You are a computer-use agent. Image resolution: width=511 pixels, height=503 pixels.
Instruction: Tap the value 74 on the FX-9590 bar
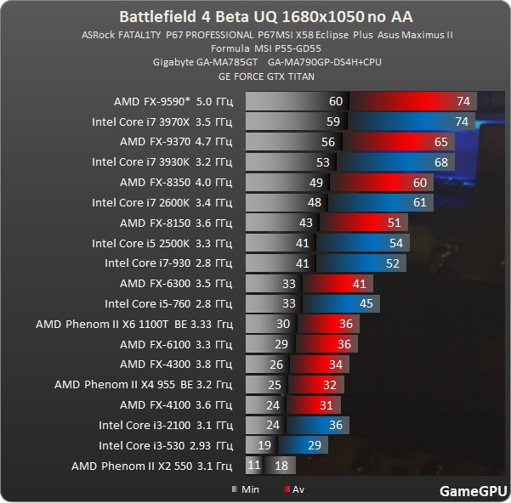pyautogui.click(x=463, y=101)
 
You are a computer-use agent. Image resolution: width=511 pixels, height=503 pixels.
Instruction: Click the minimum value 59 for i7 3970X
pyautogui.click(x=333, y=122)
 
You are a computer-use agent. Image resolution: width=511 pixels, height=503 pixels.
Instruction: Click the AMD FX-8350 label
pyautogui.click(x=176, y=183)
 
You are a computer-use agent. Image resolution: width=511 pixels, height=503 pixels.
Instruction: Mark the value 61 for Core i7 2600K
pyautogui.click(x=420, y=203)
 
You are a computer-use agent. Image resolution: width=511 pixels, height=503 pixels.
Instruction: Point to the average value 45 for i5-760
pyautogui.click(x=366, y=304)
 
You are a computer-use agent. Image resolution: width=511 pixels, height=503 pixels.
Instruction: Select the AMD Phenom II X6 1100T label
pyautogui.click(x=134, y=324)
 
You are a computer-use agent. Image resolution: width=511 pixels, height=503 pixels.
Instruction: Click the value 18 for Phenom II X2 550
pyautogui.click(x=282, y=466)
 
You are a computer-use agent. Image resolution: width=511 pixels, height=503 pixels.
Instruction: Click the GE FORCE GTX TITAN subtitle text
pyautogui.click(x=266, y=76)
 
